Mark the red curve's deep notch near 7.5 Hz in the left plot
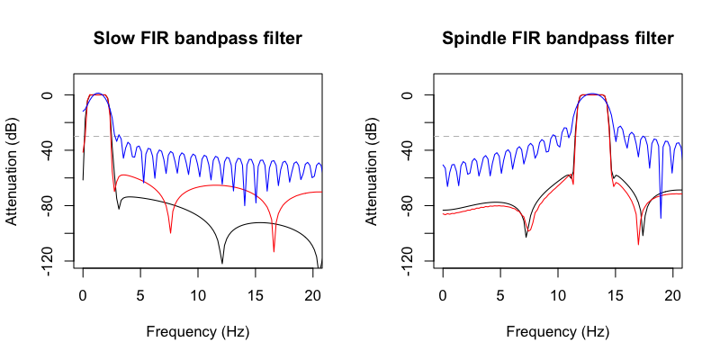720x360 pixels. click(x=170, y=232)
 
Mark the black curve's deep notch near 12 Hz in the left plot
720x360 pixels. click(x=222, y=262)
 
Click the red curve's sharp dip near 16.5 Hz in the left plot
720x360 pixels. click(x=274, y=251)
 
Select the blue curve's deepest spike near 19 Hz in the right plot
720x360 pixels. click(x=661, y=217)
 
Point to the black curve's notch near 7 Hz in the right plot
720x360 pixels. click(x=526, y=237)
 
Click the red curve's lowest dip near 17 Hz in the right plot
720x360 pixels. click(x=638, y=243)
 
